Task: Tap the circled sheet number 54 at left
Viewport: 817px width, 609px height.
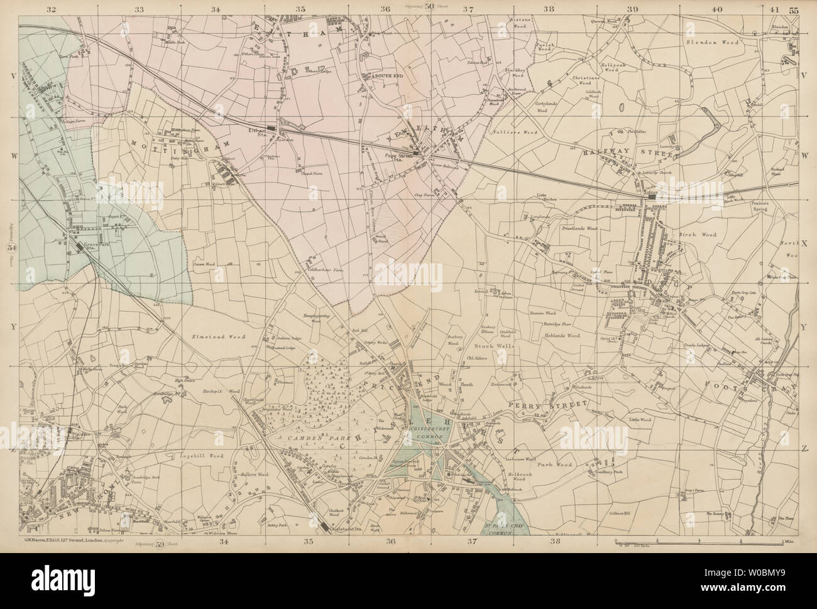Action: (x=11, y=249)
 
